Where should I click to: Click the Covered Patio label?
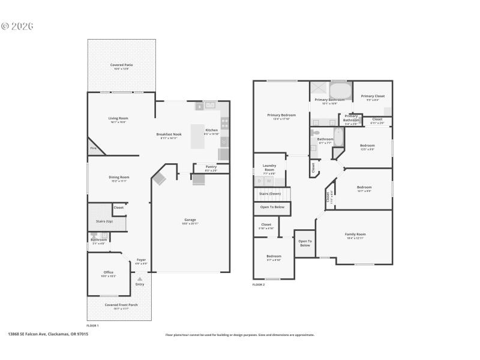tap(121, 65)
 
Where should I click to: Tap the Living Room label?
tap(118, 118)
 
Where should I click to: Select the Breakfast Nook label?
tap(169, 134)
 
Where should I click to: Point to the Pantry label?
tap(211, 167)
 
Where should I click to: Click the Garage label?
tap(190, 220)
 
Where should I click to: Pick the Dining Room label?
tap(119, 177)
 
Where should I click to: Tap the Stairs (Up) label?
tap(104, 221)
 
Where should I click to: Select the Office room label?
tap(109, 272)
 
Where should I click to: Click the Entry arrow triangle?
tap(140, 278)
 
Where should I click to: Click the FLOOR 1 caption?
tap(93, 325)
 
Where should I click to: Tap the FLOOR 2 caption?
tap(259, 284)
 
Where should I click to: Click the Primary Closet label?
tap(373, 96)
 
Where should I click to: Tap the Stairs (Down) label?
tap(269, 194)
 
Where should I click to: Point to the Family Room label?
tap(355, 234)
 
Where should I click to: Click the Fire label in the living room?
tap(94, 148)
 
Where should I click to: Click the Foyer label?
tap(140, 260)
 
